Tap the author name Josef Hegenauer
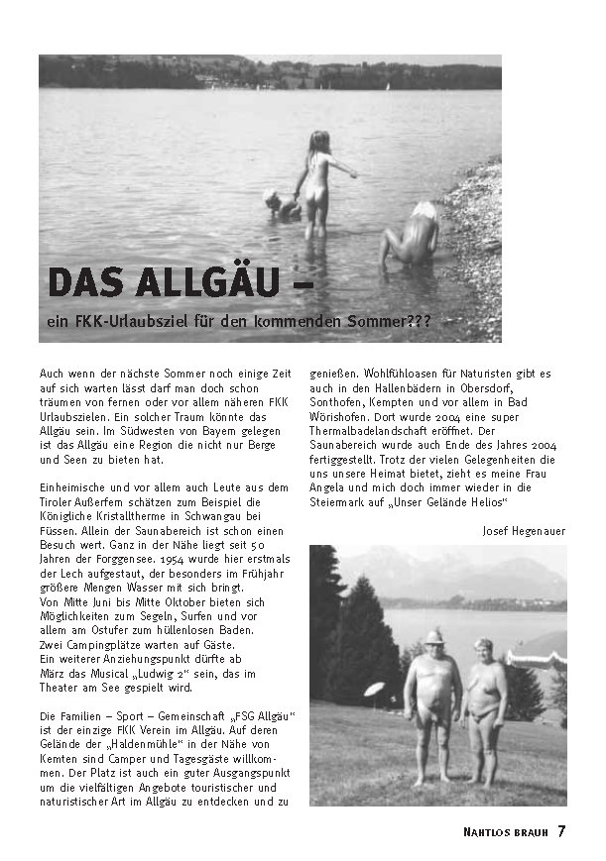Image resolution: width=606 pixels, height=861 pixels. point(523,530)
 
